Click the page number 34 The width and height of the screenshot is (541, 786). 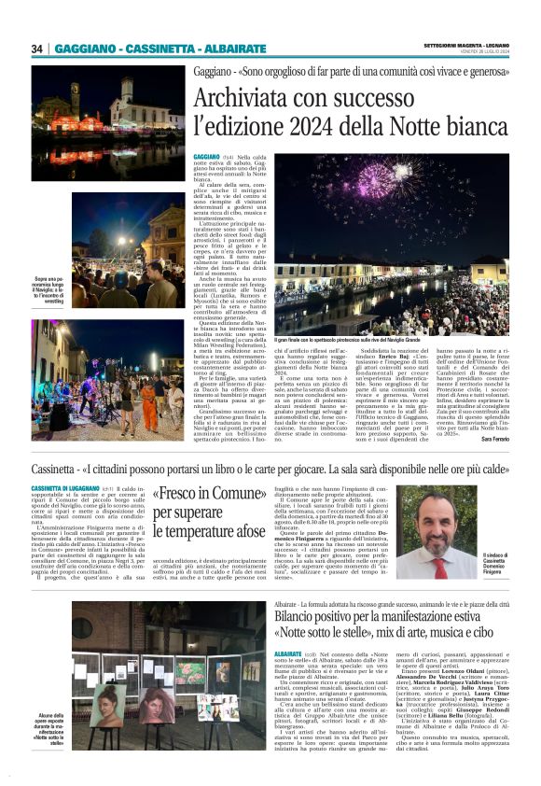coord(37,49)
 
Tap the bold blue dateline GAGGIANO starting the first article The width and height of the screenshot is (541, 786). coord(207,156)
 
